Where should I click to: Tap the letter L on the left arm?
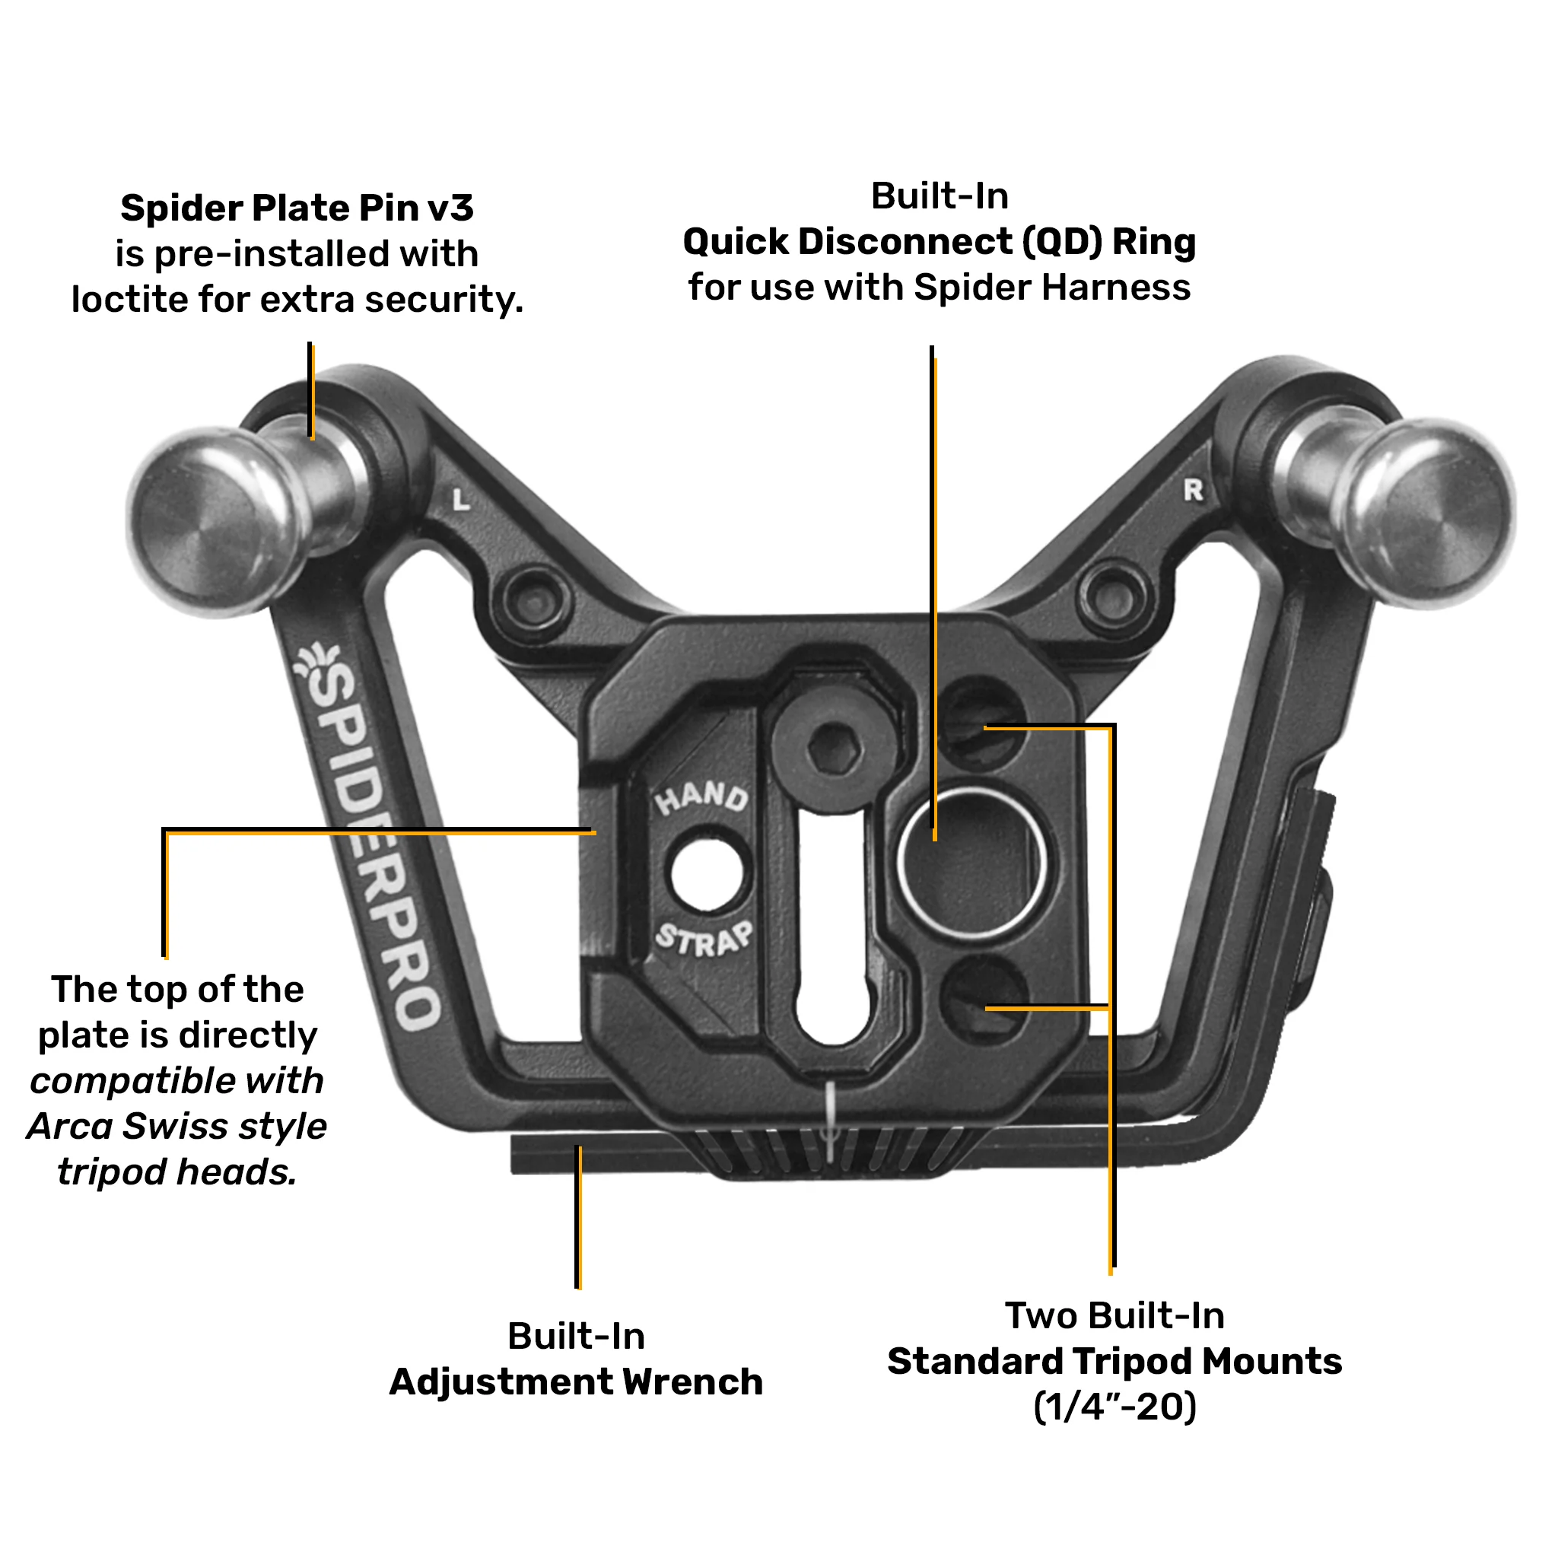point(460,500)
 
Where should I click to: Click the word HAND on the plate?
point(701,797)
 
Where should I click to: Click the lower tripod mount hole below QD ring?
point(984,997)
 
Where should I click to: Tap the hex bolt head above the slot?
point(834,747)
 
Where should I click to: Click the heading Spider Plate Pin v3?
point(297,208)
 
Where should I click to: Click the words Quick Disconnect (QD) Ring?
point(940,242)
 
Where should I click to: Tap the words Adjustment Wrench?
point(576,1382)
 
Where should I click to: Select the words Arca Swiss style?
point(176,1127)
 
